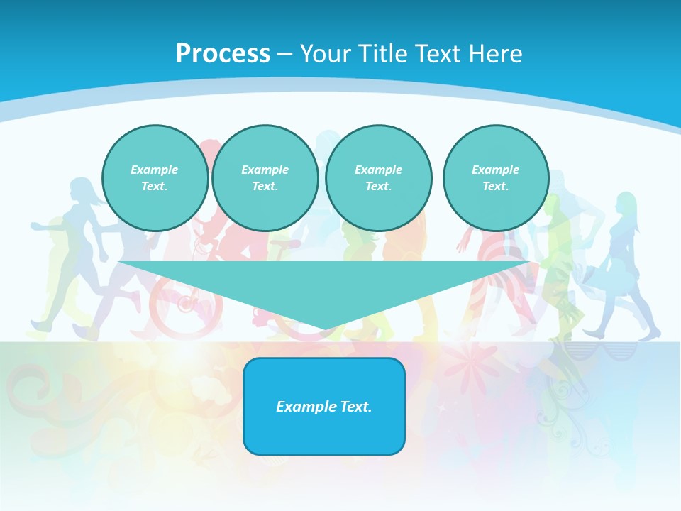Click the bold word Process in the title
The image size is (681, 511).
pos(223,54)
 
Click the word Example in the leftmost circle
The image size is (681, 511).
pos(155,170)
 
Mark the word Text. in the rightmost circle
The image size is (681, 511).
pos(496,187)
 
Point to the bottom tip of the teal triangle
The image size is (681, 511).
pos(325,329)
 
